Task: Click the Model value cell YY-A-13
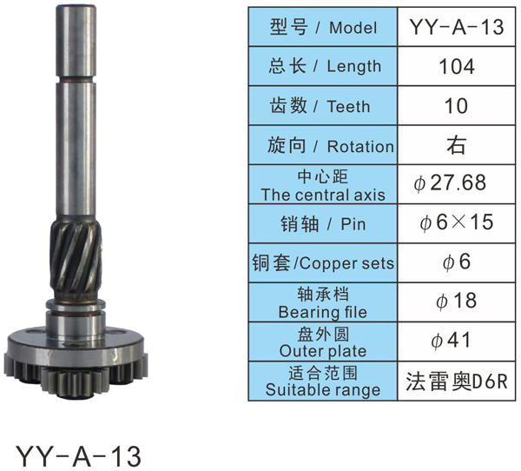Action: [x=457, y=27]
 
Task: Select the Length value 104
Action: [x=457, y=66]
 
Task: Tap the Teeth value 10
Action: [x=456, y=106]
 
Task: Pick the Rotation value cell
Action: [x=457, y=145]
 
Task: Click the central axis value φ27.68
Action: [x=450, y=182]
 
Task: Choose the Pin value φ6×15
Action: [x=456, y=222]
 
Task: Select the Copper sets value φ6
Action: [x=457, y=262]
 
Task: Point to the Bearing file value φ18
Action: [x=457, y=301]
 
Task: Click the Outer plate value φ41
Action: [x=451, y=341]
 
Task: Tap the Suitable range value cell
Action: [x=457, y=381]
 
